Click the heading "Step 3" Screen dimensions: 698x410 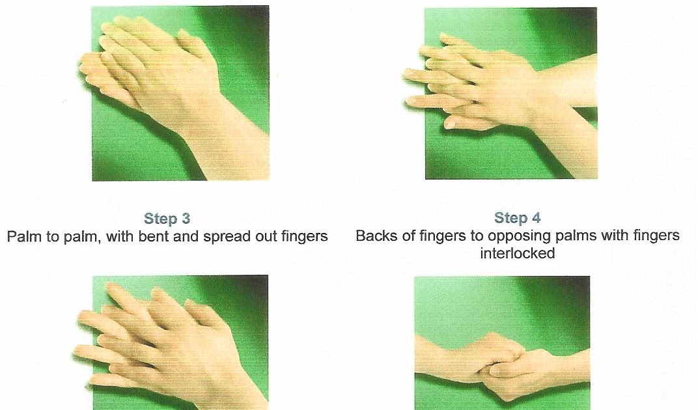point(167,218)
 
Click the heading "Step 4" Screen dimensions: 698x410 point(517,217)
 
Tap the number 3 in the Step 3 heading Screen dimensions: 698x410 point(185,218)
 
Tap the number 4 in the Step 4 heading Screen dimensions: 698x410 point(536,217)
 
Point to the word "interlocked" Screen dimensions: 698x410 point(517,253)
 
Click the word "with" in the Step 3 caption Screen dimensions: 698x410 point(120,236)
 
